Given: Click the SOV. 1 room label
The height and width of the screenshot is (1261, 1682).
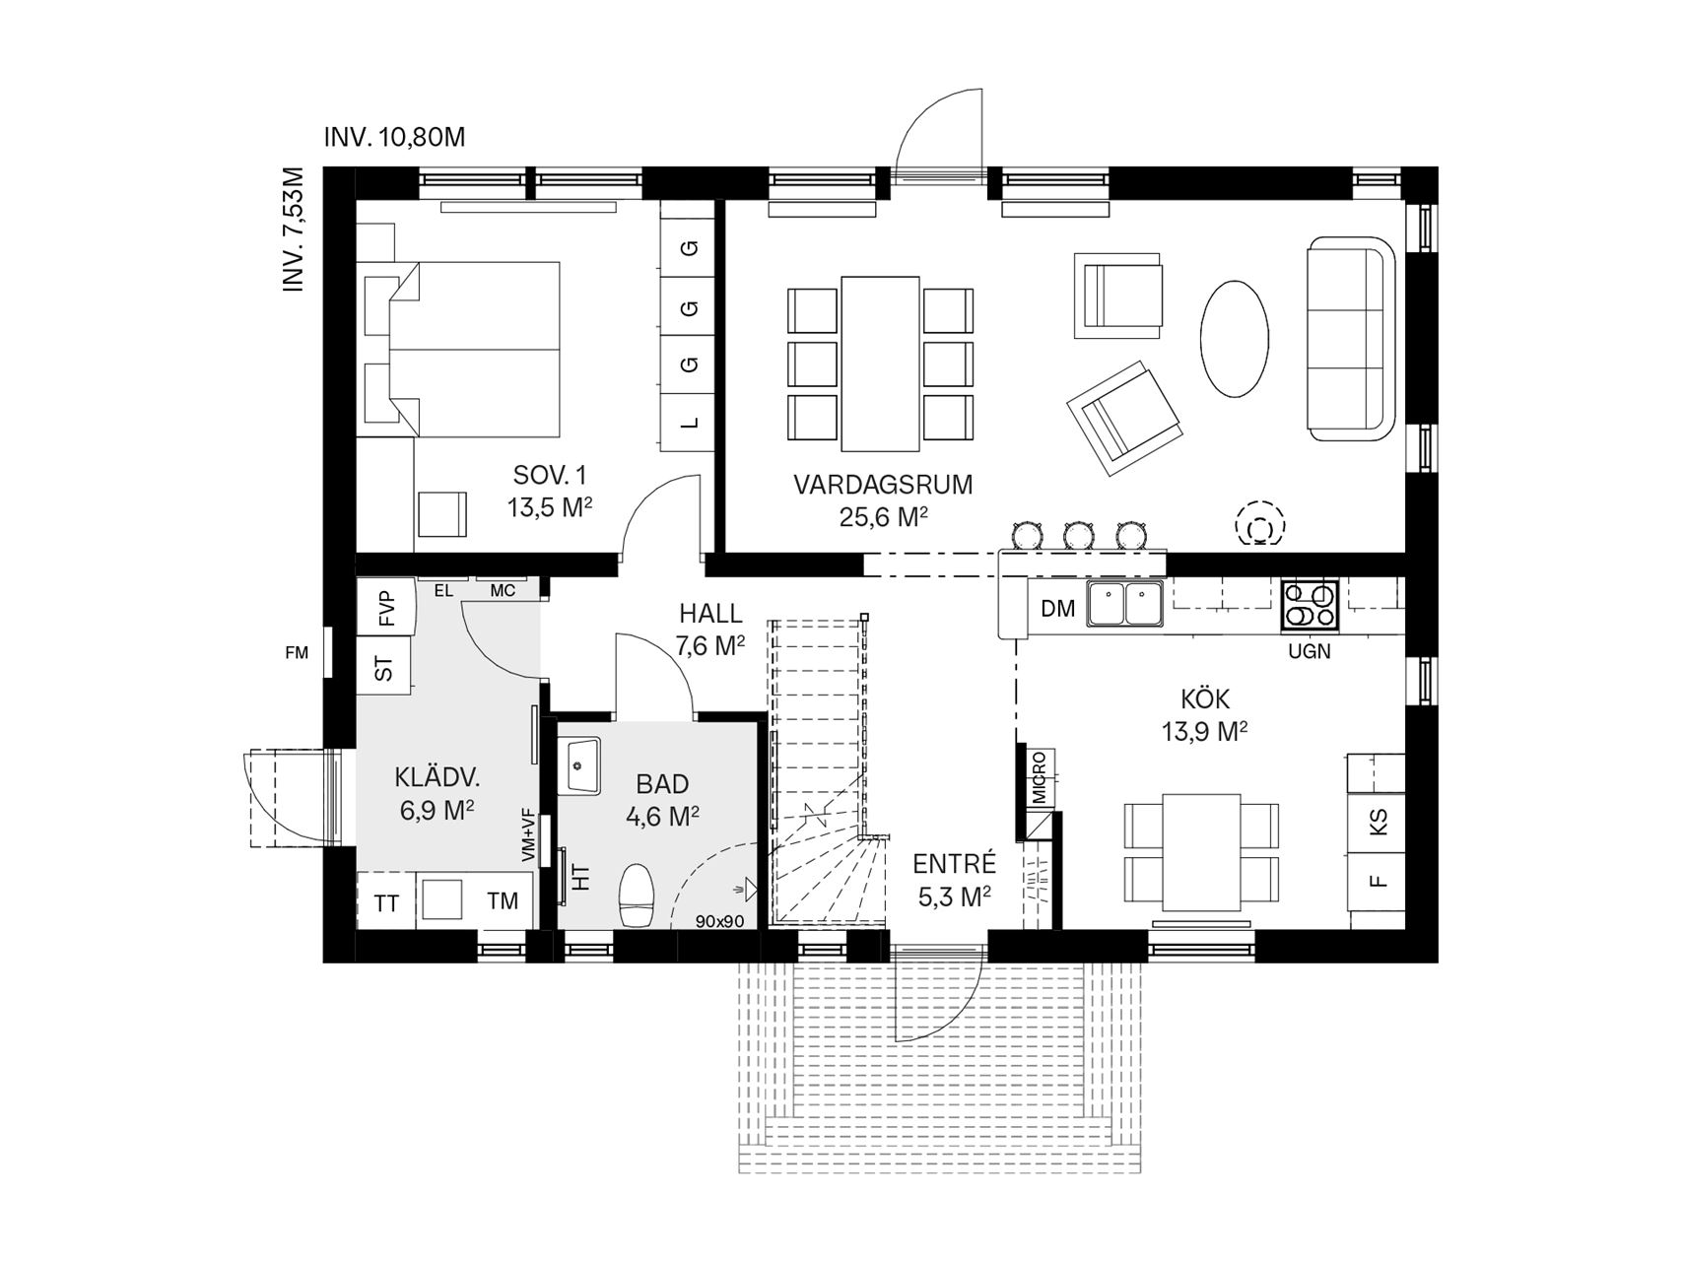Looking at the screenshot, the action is coord(550,476).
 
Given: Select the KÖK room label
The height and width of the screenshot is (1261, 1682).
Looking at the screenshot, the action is coord(1205,698).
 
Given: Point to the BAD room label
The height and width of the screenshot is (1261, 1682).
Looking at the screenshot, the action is coord(662,784).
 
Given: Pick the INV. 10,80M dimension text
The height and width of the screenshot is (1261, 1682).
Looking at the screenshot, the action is coord(394,137).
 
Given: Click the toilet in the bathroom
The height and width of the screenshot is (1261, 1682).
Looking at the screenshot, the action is coord(636,895).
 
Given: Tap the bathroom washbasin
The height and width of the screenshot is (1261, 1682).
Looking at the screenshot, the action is coord(584,765).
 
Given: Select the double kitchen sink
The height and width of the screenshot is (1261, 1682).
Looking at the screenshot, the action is coord(1124,604).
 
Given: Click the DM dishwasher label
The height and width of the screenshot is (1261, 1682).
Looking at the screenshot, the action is coord(1057,609).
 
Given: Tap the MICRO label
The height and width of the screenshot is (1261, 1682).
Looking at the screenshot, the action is coord(1040,776).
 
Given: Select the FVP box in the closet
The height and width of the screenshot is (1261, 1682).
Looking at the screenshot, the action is coord(385,608).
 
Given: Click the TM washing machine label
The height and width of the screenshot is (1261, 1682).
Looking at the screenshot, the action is coord(503,900).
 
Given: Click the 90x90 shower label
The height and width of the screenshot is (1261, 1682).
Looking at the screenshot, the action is coord(719,922).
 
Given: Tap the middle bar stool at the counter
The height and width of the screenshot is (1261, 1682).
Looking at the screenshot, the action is coord(1079,533).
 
